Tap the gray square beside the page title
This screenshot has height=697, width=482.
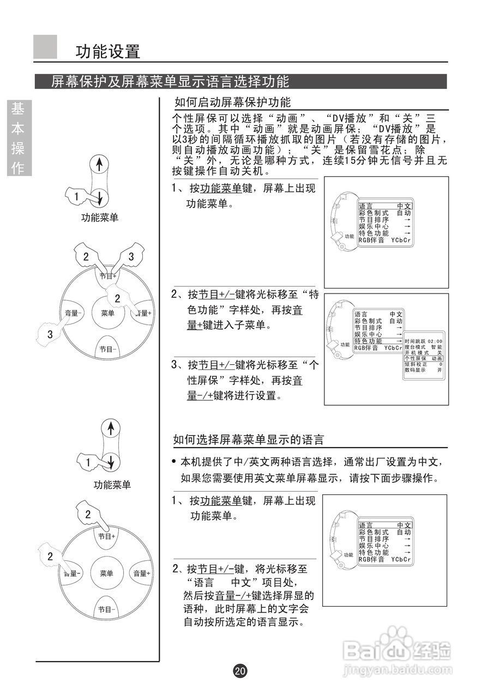(45, 47)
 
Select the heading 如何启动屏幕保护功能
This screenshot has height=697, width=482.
(232, 102)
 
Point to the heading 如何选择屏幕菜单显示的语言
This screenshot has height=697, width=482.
(248, 439)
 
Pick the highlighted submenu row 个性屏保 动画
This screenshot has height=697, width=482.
(423, 358)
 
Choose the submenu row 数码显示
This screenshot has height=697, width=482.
(423, 370)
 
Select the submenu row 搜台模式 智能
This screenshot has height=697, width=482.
(423, 346)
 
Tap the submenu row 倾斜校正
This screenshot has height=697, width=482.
(423, 364)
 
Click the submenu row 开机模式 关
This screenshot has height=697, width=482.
(423, 352)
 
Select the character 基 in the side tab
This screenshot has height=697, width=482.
(18, 109)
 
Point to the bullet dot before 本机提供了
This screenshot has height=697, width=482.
(173, 462)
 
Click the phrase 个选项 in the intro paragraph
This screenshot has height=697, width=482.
(187, 129)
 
